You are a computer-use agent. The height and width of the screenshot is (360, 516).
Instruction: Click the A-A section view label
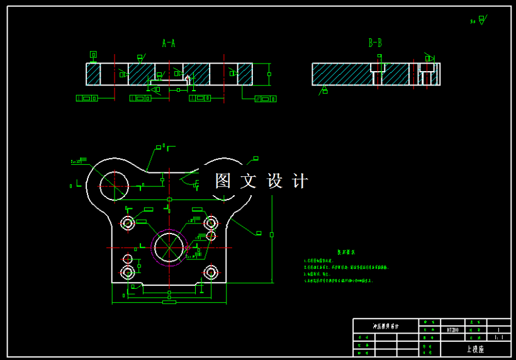click(168, 43)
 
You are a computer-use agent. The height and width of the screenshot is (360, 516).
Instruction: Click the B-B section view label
click(375, 43)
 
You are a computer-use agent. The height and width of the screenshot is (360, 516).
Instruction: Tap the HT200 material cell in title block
click(452, 329)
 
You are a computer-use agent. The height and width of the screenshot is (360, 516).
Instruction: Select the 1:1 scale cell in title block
click(498, 337)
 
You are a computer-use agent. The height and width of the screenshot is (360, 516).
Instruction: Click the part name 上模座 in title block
click(475, 348)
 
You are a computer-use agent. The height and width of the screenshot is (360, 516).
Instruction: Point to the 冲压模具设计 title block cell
click(385, 326)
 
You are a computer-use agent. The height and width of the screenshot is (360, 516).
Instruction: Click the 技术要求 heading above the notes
click(346, 252)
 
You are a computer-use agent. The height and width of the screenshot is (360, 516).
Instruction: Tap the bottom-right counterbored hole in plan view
click(210, 272)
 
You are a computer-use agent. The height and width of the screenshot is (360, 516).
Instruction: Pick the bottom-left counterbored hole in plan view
click(128, 272)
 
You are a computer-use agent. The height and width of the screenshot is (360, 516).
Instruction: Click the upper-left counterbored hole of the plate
click(128, 223)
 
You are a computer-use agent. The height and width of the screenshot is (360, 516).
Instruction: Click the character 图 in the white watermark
click(223, 181)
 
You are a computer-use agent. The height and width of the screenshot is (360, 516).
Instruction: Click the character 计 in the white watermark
click(301, 181)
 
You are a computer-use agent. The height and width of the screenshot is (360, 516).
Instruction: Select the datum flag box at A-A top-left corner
click(93, 55)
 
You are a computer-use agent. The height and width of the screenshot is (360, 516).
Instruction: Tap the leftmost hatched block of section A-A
click(93, 74)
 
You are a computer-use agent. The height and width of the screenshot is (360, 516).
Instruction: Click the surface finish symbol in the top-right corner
click(481, 20)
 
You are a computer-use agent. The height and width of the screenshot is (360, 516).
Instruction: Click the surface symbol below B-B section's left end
click(325, 92)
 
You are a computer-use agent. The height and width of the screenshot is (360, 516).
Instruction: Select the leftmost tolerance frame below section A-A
click(87, 98)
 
